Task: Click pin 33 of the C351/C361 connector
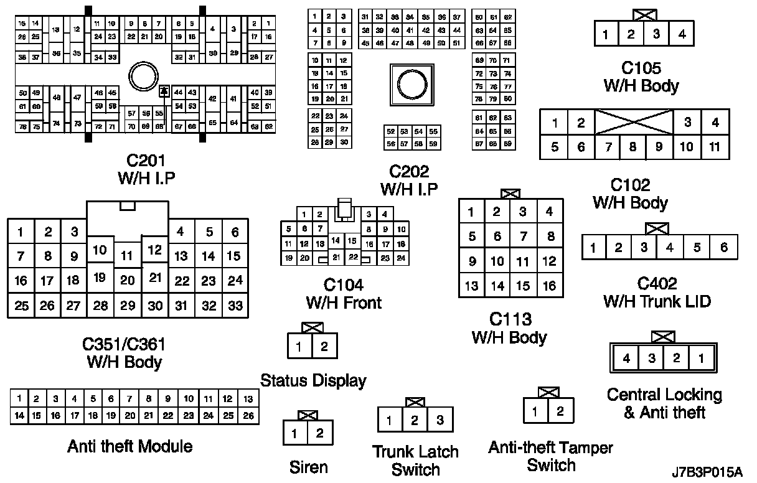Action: click(235, 306)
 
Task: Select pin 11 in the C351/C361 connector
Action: click(128, 255)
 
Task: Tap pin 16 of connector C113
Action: click(549, 286)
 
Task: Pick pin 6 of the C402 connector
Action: click(724, 248)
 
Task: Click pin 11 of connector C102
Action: click(715, 148)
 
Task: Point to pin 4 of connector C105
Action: click(682, 34)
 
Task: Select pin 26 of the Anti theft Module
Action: click(247, 415)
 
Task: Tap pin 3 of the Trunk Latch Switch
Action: click(440, 420)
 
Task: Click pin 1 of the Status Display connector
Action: click(299, 347)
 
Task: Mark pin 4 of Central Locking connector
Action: click(627, 359)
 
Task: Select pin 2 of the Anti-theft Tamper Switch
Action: click(560, 411)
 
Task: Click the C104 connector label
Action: click(344, 294)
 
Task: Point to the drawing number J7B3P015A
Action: click(707, 472)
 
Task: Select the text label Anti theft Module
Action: click(129, 446)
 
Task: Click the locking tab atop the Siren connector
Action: click(308, 415)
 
